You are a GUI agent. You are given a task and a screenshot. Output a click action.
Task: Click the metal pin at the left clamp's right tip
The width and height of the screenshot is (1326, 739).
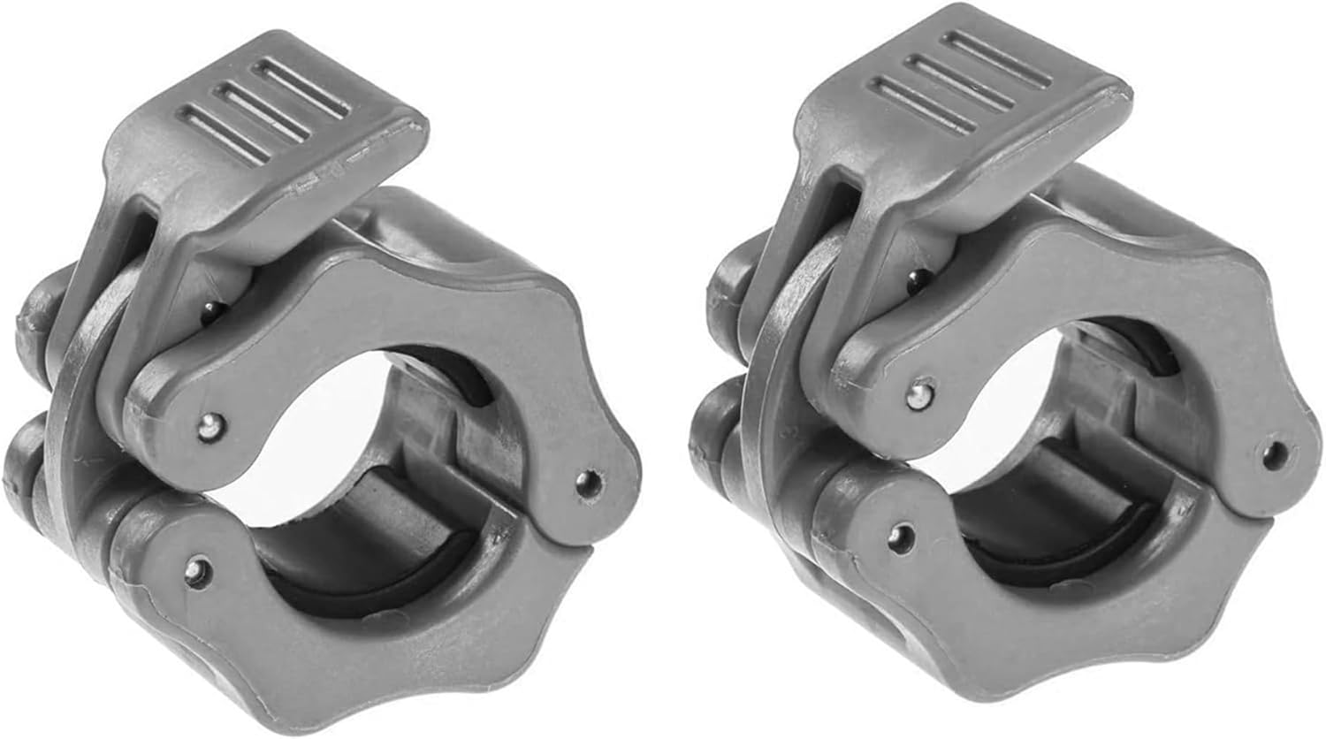(x=584, y=481)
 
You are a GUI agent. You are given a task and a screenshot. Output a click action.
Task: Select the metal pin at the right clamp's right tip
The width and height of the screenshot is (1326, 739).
(x=1274, y=453)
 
